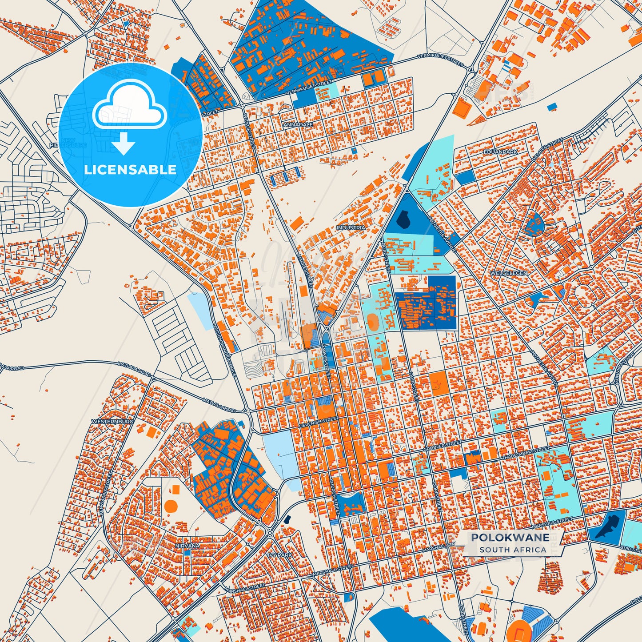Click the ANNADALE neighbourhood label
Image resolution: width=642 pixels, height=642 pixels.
pos(295,125)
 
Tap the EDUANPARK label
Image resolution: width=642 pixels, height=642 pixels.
pos(501,152)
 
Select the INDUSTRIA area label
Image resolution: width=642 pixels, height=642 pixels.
pos(351,227)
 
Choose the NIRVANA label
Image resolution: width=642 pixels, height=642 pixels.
pos(187,545)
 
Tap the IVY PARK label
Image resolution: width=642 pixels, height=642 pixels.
pos(280,555)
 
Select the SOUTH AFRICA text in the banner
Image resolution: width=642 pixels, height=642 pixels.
pos(513,550)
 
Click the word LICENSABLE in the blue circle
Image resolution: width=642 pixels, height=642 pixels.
pos(130,170)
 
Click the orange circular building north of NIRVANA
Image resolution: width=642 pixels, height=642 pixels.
pos(171,505)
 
